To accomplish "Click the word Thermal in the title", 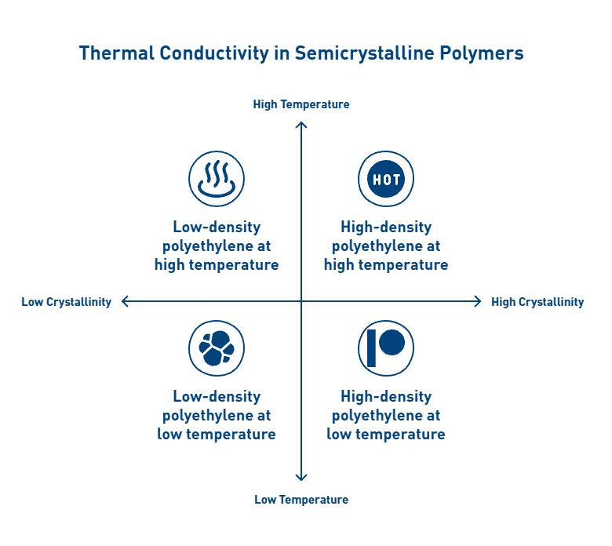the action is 117,53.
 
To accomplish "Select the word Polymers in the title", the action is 482,53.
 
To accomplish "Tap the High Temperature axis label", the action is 301,104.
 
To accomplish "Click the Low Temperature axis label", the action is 301,500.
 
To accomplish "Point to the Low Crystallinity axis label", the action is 67,302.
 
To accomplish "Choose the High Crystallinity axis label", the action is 537,302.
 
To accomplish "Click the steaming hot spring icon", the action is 217,179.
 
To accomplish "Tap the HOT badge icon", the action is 386,179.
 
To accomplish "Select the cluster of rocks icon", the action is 217,348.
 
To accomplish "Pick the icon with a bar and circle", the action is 386,348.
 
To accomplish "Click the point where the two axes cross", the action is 301,301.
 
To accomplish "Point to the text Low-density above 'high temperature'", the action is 217,227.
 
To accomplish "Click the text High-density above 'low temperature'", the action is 386,396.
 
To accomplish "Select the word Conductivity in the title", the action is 214,53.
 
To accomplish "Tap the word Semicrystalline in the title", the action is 364,53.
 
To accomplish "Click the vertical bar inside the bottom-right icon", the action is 372,348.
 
